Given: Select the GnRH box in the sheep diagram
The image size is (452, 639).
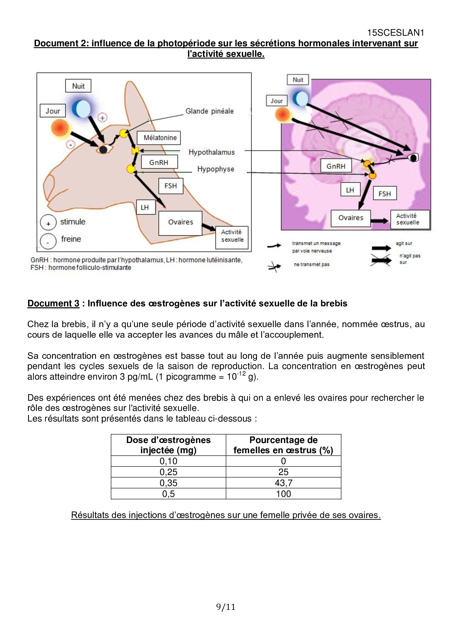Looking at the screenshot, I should click(x=159, y=162).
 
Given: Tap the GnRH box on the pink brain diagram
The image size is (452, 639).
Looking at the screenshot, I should click(x=336, y=166).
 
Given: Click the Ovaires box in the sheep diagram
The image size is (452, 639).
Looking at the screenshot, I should click(x=180, y=222).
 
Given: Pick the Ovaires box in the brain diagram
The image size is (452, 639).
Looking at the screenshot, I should click(x=351, y=218).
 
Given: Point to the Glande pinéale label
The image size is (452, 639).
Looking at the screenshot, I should click(x=209, y=111).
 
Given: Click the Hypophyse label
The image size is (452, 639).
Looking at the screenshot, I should click(x=215, y=169).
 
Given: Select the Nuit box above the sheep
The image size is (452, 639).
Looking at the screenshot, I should click(x=78, y=86).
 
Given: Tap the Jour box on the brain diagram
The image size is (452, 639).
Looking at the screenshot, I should click(x=277, y=101).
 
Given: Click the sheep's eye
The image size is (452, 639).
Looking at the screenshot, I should click(x=104, y=149).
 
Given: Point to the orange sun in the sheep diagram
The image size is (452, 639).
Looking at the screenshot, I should click(x=60, y=128).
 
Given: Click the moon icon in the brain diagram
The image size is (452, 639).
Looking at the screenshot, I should click(x=301, y=98).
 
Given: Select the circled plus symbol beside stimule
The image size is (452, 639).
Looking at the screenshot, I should click(x=48, y=223).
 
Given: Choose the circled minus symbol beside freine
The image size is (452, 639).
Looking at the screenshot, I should click(x=48, y=241).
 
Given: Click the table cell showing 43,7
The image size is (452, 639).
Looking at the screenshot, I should click(x=283, y=483).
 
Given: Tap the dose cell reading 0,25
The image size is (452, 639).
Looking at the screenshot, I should click(x=168, y=472).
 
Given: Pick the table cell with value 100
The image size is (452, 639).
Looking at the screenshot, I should click(x=283, y=494).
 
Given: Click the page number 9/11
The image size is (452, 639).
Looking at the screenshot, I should click(x=226, y=607).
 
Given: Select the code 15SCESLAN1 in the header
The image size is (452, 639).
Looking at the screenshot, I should click(x=395, y=33).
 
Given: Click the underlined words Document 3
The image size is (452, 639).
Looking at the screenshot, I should click(x=53, y=303).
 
